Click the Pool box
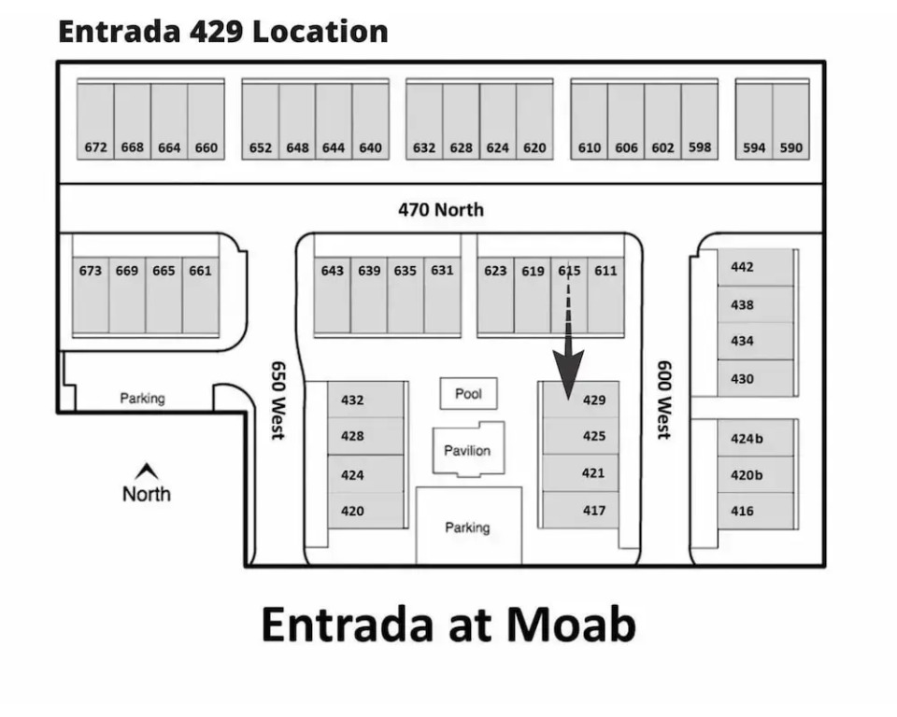(x=468, y=393)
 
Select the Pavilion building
(x=468, y=449)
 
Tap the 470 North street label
(x=441, y=210)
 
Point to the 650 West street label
(x=278, y=400)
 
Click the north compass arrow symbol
(x=147, y=471)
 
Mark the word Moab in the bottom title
(x=571, y=625)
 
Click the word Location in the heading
(x=320, y=31)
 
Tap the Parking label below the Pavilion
(x=467, y=527)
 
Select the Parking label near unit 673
(x=142, y=398)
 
